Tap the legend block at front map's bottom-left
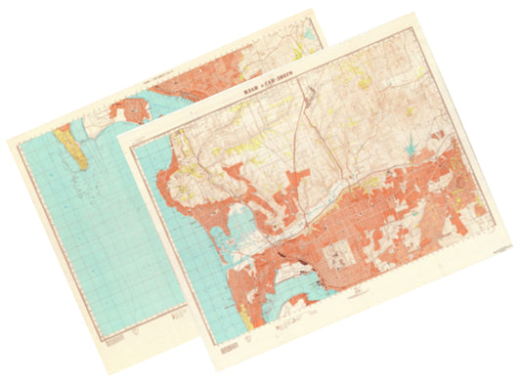228,343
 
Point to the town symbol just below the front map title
306,97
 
